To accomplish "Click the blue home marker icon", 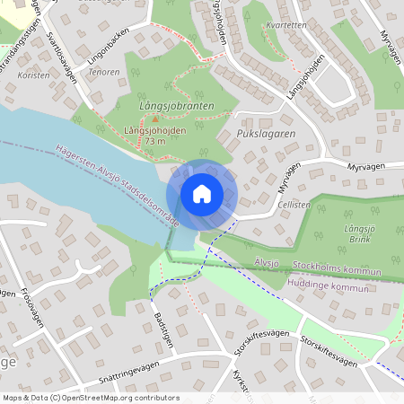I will click(x=202, y=193).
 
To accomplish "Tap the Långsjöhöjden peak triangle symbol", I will click(x=155, y=119).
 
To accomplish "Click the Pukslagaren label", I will click(x=266, y=134).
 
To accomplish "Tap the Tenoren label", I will click(x=105, y=72).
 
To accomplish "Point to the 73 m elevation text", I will click(x=155, y=142).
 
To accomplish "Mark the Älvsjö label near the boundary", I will click(x=267, y=261).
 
